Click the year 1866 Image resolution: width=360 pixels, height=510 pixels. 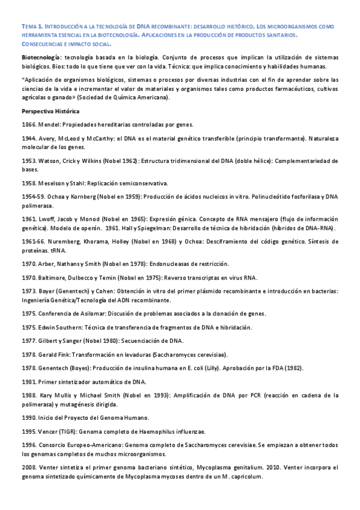[28, 124]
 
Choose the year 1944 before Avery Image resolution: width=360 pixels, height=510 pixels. [28, 138]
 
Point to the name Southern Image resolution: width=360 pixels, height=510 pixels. [75, 327]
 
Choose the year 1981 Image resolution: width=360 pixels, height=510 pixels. [28, 381]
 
